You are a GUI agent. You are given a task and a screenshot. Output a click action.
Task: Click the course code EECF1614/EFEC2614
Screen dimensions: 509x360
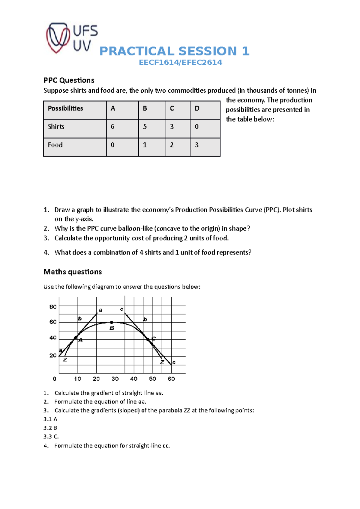coord(180,62)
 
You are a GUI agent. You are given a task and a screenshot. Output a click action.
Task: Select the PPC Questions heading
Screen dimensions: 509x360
coord(69,80)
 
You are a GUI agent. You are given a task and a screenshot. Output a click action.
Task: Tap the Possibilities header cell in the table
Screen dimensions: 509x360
coord(65,109)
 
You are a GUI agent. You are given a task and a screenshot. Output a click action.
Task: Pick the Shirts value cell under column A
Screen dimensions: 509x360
coord(112,127)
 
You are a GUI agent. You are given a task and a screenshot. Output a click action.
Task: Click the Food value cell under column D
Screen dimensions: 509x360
coord(197,145)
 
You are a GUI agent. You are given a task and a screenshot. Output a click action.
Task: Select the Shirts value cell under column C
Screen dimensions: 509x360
coord(172,127)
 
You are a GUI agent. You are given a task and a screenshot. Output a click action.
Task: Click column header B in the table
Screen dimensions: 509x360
coord(145,109)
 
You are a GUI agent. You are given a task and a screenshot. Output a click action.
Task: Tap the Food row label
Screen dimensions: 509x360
coord(55,145)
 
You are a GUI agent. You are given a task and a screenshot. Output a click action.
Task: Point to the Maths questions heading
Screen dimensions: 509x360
coord(73,272)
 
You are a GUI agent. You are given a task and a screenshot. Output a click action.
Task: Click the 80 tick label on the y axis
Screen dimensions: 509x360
coord(53,307)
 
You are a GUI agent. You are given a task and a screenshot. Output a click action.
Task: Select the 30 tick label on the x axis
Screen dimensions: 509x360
coord(115,379)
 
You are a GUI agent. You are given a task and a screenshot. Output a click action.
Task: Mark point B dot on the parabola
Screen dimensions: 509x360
coord(111,323)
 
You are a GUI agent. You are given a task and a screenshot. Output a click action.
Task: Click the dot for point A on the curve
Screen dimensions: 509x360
coord(76,338)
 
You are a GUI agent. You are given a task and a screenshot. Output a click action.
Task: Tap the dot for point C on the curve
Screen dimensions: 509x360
coord(148,339)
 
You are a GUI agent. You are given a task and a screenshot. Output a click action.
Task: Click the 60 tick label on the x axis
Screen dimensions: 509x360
coord(171,379)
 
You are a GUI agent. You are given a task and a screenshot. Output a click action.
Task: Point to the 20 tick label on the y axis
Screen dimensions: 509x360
coord(53,356)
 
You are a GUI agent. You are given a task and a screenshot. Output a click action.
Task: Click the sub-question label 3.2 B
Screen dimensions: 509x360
coord(50,428)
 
